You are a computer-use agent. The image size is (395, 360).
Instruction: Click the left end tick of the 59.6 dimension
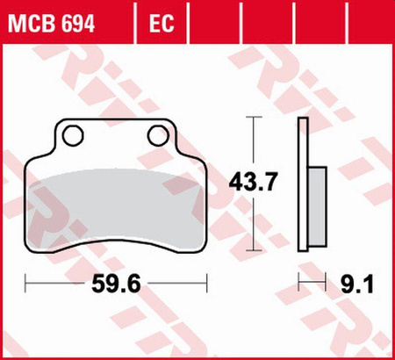click(26, 283)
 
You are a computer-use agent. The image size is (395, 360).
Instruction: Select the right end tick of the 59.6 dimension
click(206, 283)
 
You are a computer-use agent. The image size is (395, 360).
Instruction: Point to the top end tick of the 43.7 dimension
click(255, 119)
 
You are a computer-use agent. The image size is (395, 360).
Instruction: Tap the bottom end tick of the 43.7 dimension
click(255, 248)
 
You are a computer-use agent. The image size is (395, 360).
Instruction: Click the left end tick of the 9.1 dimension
click(300, 283)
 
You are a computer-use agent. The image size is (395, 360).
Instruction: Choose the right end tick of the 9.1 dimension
click(329, 283)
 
